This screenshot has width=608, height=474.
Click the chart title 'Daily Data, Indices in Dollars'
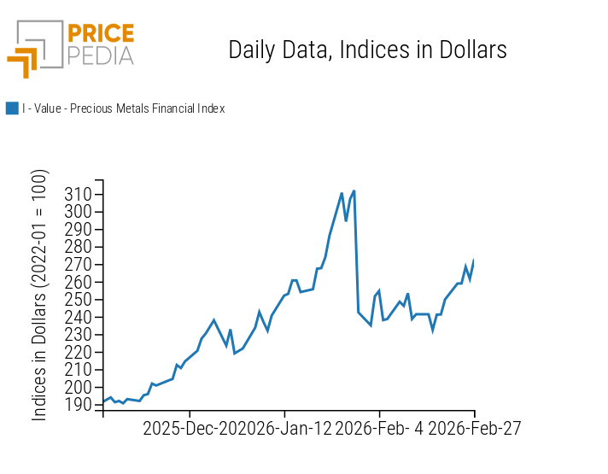click(x=367, y=50)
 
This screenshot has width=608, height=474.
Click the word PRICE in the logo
click(x=101, y=34)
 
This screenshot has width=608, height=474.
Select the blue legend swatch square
click(x=12, y=108)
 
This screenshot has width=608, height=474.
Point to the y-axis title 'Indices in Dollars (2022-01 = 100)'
click(x=40, y=295)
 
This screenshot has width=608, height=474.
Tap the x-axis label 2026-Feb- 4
click(x=380, y=428)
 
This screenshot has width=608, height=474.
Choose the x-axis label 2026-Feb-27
click(x=474, y=428)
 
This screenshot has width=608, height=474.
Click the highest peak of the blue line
click(x=354, y=191)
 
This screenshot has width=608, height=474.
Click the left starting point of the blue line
click(x=103, y=402)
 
